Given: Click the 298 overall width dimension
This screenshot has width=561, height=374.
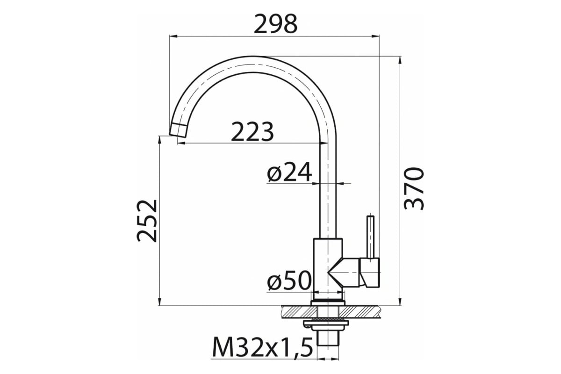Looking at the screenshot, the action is tap(276, 24).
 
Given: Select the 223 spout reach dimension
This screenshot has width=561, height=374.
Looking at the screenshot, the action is tap(252, 131).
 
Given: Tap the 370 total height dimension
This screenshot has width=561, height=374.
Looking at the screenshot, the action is tap(414, 188).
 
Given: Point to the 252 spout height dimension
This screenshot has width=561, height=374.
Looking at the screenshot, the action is tap(147, 221).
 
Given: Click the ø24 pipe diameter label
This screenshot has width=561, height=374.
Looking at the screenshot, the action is tap(289, 172).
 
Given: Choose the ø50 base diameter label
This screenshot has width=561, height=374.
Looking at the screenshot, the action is tap(289, 280).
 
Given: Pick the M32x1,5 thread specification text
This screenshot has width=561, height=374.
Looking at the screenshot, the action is tap(263, 348).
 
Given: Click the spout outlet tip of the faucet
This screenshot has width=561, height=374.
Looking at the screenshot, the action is tap(178, 130).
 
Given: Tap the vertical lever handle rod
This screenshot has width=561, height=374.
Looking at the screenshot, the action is tap(370, 237).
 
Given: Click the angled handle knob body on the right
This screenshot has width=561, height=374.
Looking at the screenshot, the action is tap(370, 272).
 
